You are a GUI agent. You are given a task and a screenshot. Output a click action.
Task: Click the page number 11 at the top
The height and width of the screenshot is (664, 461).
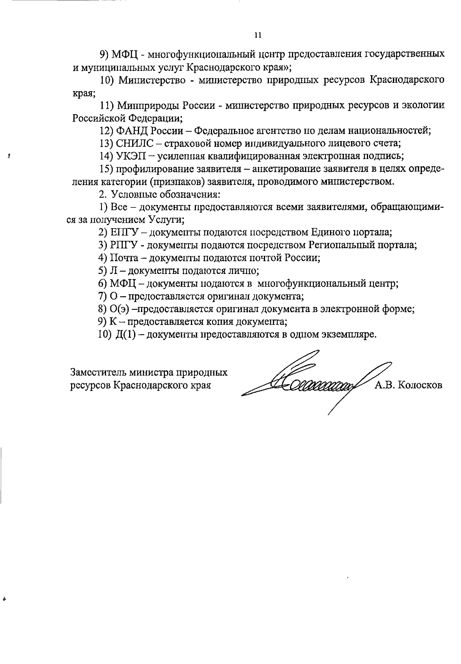coord(258,35)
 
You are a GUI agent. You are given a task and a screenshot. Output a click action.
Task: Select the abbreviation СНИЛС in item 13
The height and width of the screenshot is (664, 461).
coord(134,143)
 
